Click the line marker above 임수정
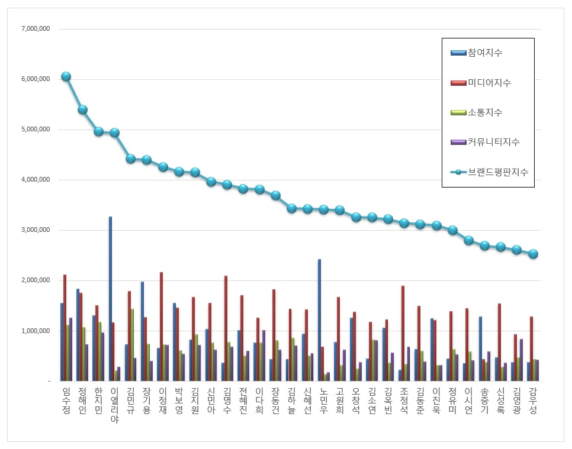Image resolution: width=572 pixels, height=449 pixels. [x=66, y=76]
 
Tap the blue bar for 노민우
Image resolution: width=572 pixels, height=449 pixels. [x=319, y=319]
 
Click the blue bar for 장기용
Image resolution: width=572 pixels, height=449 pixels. [x=142, y=331]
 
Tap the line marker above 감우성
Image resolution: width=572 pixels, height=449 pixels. [x=533, y=254]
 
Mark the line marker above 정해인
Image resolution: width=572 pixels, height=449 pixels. [x=82, y=109]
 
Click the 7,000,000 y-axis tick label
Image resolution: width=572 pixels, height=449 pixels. [x=35, y=28]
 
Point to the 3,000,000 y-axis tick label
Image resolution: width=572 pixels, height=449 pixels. [x=35, y=230]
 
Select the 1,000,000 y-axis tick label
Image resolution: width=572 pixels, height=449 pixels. [x=35, y=331]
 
